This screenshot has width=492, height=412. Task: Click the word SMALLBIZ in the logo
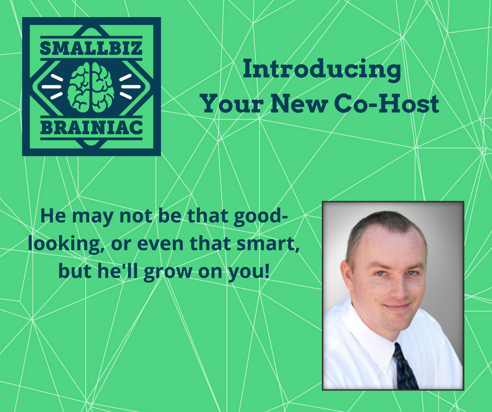tap(91, 48)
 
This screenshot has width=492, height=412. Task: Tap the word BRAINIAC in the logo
tap(91, 128)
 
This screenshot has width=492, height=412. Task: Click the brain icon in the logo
tap(91, 87)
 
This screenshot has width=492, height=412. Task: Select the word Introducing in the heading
tap(321, 70)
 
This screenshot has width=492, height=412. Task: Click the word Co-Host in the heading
tap(386, 104)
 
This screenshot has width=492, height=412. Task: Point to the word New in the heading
tap(298, 104)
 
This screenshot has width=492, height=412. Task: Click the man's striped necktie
tap(406, 367)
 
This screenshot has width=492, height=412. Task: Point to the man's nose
tap(398, 290)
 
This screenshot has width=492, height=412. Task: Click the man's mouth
tap(397, 306)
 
